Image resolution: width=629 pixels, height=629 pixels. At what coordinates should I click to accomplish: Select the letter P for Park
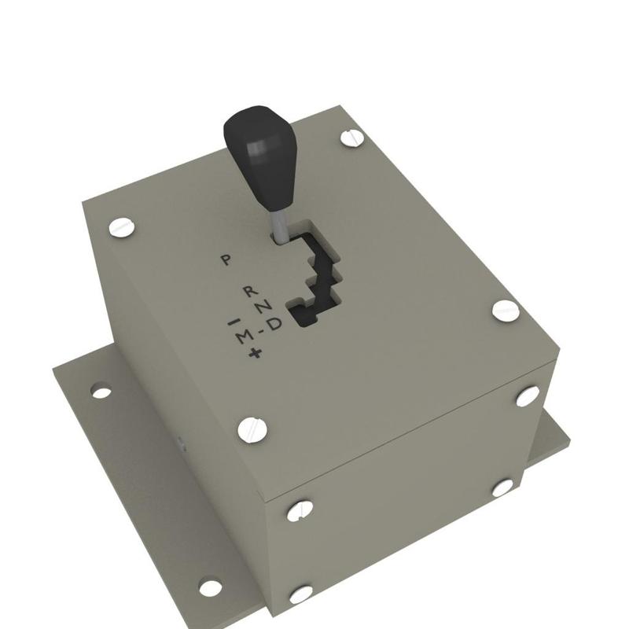point(226,259)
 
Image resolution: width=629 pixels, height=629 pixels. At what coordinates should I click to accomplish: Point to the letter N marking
point(267,305)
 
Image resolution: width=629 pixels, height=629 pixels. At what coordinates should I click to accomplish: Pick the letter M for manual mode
point(245,337)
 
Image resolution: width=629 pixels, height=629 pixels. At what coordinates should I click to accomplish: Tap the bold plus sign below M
point(254,355)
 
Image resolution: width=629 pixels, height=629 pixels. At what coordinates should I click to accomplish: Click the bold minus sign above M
point(232,322)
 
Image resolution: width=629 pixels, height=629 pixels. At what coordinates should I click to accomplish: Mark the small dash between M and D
point(260,330)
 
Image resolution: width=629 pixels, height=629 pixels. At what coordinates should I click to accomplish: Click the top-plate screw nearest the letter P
point(122,228)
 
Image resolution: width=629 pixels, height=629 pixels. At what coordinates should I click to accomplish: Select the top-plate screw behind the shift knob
point(352,138)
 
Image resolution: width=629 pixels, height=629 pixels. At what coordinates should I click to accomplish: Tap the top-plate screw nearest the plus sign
point(252,429)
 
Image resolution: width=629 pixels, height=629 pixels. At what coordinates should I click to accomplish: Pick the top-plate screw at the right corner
point(506,310)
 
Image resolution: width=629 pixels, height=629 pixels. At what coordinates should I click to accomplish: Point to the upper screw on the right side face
point(527,395)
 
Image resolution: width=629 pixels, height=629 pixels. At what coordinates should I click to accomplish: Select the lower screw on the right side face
point(502,488)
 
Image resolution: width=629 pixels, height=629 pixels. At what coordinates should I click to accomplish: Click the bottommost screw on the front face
point(300,594)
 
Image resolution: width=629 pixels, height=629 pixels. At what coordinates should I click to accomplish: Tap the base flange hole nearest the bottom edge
point(210,587)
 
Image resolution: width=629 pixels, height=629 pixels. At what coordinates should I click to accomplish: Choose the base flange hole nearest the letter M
point(101,391)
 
